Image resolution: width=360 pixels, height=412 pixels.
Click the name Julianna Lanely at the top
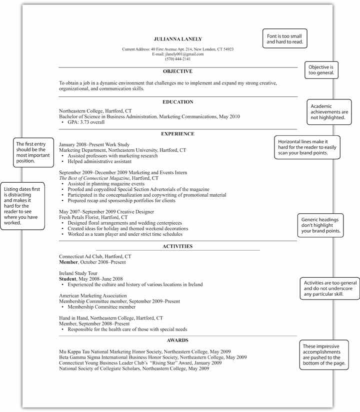coord(178,39)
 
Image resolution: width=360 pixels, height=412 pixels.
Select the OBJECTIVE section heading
coord(177,71)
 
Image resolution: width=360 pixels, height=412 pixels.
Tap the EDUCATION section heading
coord(177,102)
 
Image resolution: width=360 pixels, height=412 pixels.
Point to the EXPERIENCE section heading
coord(177,134)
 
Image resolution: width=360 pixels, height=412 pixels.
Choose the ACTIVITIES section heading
coord(177,246)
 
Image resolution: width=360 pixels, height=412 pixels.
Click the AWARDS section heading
coord(177,340)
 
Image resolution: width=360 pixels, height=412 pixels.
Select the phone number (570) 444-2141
coord(178,59)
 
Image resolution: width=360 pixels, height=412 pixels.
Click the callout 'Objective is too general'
coord(322,70)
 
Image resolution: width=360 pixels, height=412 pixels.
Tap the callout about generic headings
coord(321,225)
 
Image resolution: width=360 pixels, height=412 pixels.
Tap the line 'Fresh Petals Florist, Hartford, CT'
coord(93,218)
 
